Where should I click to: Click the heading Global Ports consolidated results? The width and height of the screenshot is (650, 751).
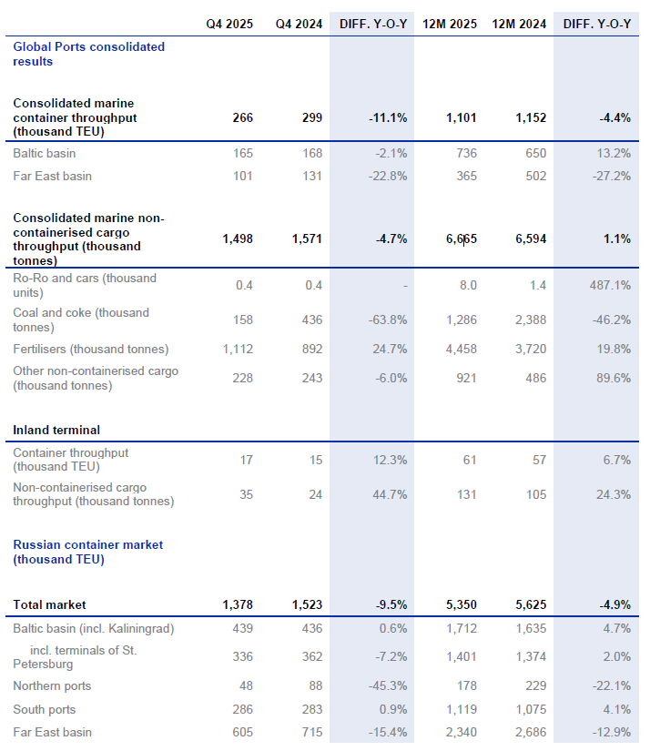point(89,54)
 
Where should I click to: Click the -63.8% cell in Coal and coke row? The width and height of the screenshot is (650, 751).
point(386,320)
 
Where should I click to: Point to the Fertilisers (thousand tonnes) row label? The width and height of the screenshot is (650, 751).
point(90,349)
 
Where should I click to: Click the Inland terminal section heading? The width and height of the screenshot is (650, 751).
point(56,430)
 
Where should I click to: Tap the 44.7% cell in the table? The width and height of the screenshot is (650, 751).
point(388,494)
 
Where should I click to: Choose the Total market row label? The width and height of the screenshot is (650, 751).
point(49,604)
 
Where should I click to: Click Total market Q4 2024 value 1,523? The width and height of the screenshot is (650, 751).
point(307,604)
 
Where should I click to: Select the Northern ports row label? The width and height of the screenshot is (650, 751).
point(52,685)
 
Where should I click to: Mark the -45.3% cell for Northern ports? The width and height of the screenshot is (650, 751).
point(386,685)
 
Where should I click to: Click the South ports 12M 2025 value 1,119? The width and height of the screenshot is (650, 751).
point(459,709)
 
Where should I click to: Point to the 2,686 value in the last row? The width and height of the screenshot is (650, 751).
point(530,732)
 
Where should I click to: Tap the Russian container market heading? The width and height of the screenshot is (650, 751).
point(87,552)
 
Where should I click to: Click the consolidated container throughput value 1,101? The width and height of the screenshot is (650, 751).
point(461,117)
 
